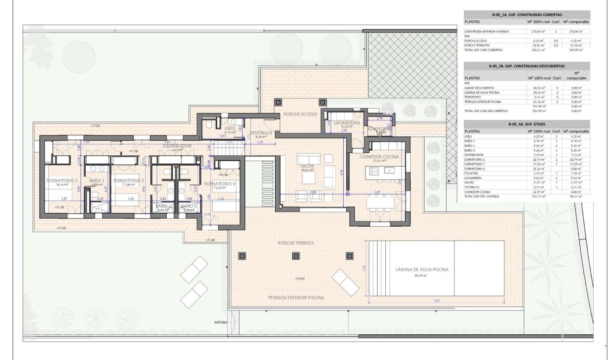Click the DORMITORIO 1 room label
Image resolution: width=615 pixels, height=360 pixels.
(x=62, y=180)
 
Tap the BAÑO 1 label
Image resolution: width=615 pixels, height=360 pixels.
(x=97, y=180)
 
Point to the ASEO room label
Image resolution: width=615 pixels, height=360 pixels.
(x=230, y=128)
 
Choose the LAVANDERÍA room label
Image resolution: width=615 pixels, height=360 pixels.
(x=346, y=122)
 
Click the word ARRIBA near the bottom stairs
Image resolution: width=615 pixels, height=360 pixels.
(x=221, y=322)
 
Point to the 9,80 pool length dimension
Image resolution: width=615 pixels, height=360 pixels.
(x=436, y=300)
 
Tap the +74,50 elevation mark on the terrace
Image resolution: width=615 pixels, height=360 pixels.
(x=299, y=279)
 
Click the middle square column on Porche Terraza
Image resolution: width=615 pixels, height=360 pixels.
(x=296, y=256)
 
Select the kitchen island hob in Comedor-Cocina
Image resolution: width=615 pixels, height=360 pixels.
(x=373, y=171)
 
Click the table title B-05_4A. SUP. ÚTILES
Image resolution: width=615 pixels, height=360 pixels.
(x=526, y=124)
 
